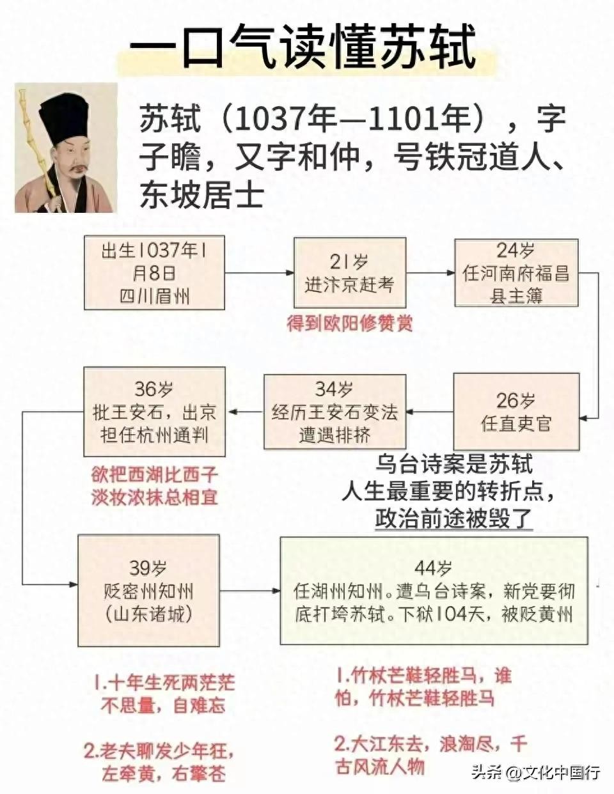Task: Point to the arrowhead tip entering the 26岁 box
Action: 579,418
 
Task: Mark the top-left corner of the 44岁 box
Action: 280,537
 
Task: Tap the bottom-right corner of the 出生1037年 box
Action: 224,309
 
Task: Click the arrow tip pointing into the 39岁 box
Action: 78,584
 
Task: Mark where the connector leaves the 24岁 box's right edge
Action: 578,272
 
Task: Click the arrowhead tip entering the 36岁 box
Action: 226,412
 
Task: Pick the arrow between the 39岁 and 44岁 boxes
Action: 250,591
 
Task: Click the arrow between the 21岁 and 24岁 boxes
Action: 430,272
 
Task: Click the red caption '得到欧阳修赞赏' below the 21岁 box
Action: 349,323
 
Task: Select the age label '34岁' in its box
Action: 335,389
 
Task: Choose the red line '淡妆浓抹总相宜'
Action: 155,497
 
